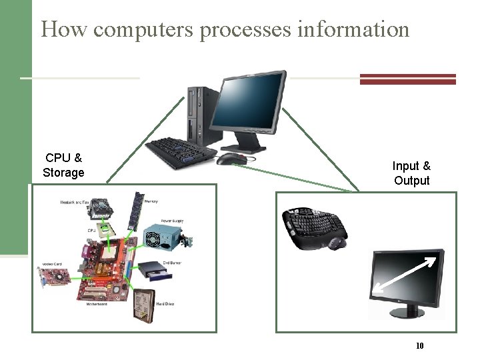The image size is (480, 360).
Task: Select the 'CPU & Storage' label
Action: point(63,165)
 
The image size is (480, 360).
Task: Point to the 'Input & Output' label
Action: point(411,173)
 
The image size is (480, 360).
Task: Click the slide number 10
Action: point(420,345)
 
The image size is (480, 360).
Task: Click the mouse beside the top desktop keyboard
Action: point(232,159)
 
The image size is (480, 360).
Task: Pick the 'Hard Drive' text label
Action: point(165,304)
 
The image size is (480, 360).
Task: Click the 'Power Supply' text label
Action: point(172,221)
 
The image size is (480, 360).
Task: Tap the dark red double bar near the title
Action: point(407,79)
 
